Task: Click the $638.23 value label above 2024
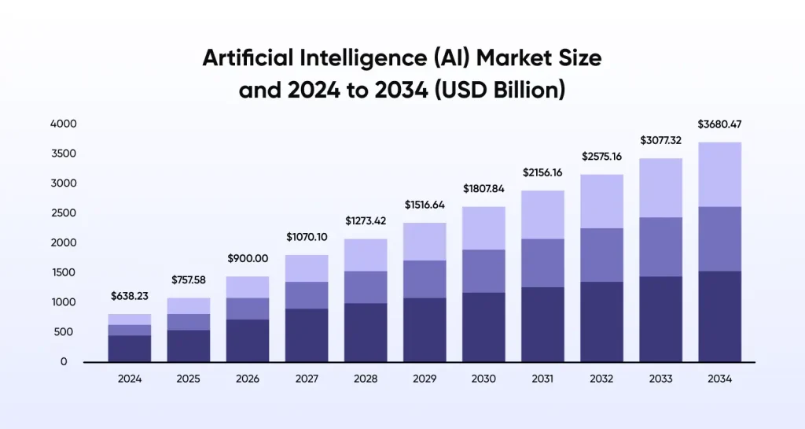point(130,297)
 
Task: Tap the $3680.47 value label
point(719,124)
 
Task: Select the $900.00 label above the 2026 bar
point(248,258)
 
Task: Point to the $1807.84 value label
point(483,188)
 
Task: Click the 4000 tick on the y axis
point(63,124)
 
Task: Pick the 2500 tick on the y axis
point(63,213)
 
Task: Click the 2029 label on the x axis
point(425,379)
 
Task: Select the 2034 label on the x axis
point(719,379)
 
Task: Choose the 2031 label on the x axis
point(542,379)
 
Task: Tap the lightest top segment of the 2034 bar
point(719,174)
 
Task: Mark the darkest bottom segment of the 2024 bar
point(130,349)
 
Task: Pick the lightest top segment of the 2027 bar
point(307,268)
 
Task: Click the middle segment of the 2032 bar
point(601,254)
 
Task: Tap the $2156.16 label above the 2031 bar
point(542,172)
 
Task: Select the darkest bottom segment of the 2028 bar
point(366,332)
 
